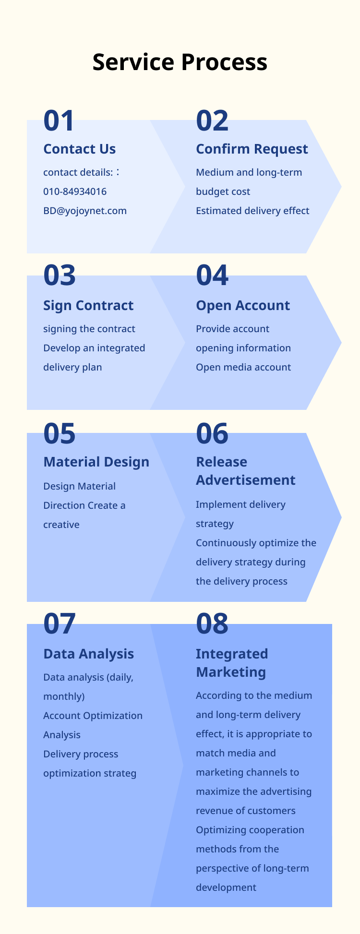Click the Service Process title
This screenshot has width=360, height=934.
(180, 62)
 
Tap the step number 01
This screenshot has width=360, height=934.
(59, 121)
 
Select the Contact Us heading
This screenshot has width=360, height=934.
(80, 149)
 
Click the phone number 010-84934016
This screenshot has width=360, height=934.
(75, 192)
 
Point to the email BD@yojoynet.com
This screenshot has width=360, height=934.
(85, 211)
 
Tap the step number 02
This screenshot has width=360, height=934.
(212, 121)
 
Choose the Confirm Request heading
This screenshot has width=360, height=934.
(252, 149)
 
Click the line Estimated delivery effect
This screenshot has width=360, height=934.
(252, 211)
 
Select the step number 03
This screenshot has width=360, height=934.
(60, 275)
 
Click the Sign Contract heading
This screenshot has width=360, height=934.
(88, 305)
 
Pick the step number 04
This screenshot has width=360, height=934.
(212, 275)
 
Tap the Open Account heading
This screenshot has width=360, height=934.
(243, 305)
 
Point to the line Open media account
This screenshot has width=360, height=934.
(243, 367)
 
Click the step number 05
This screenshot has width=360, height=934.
(60, 433)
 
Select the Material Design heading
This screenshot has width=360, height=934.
(96, 462)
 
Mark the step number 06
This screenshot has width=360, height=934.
(212, 433)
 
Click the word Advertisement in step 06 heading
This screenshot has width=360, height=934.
(246, 480)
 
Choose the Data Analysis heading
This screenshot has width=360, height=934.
(89, 654)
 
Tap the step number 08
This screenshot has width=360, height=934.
(212, 623)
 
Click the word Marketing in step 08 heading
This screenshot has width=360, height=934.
(231, 672)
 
